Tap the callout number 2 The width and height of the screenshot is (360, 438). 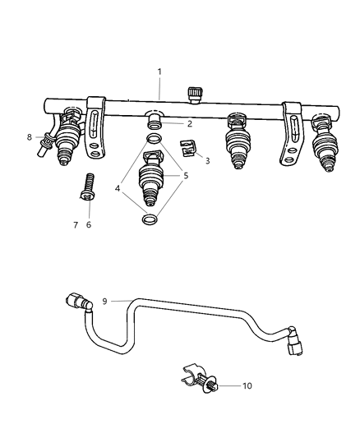tap(189, 124)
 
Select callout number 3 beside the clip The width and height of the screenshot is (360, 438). tap(207, 161)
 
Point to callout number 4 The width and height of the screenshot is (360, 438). tap(118, 188)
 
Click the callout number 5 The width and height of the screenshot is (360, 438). tap(186, 176)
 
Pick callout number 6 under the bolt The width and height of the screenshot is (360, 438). tap(89, 224)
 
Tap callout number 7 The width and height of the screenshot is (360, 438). tap(76, 224)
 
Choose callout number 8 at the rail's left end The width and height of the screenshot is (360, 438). tap(29, 137)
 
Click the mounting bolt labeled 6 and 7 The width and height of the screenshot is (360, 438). tap(85, 186)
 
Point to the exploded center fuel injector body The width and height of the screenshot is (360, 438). tap(150, 180)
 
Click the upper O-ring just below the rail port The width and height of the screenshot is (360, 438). tap(153, 136)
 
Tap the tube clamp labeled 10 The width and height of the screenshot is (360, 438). tap(195, 379)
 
